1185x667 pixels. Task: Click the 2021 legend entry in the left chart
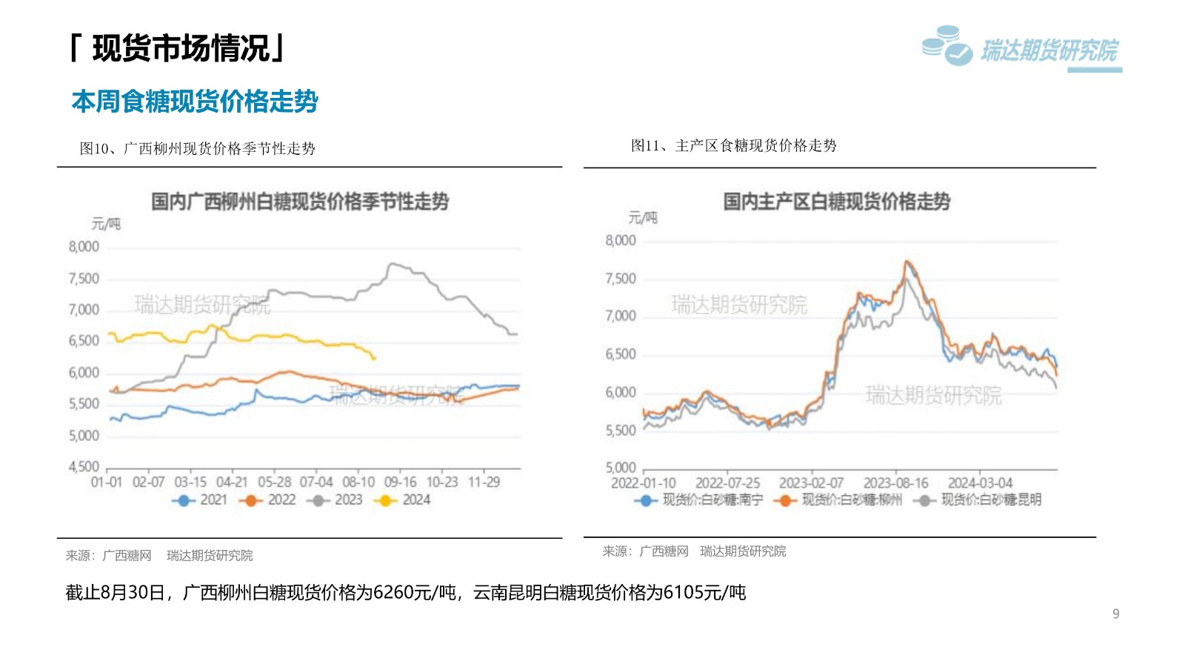(201, 500)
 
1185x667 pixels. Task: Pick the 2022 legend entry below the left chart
(269, 500)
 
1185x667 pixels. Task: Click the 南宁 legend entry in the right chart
(699, 500)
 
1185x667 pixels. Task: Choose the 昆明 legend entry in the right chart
(979, 500)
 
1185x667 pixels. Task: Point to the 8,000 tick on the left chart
(84, 247)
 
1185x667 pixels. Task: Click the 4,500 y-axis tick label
(84, 467)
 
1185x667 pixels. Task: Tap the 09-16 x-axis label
(400, 482)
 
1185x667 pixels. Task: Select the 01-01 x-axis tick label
(107, 482)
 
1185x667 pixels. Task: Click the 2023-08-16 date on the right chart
(895, 483)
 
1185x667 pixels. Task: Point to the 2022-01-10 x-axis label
(644, 483)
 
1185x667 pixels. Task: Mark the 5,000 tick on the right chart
(621, 468)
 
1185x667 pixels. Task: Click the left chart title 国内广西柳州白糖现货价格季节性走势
(300, 202)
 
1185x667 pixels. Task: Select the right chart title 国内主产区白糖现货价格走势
(836, 202)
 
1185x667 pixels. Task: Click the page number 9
(1116, 614)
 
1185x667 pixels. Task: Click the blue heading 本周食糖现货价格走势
(195, 102)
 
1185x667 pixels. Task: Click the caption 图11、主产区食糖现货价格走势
(733, 146)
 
